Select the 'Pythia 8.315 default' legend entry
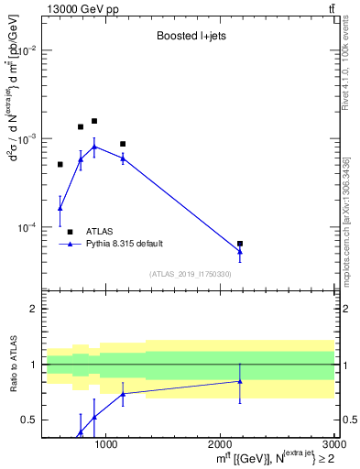125,244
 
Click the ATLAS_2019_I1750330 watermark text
190,274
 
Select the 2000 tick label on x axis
220,445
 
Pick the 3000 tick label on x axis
333,445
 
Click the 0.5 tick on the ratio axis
32,420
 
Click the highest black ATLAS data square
94,121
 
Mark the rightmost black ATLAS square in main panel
240,244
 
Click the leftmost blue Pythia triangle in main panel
60,208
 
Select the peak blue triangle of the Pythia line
94,147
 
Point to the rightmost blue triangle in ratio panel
240,381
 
